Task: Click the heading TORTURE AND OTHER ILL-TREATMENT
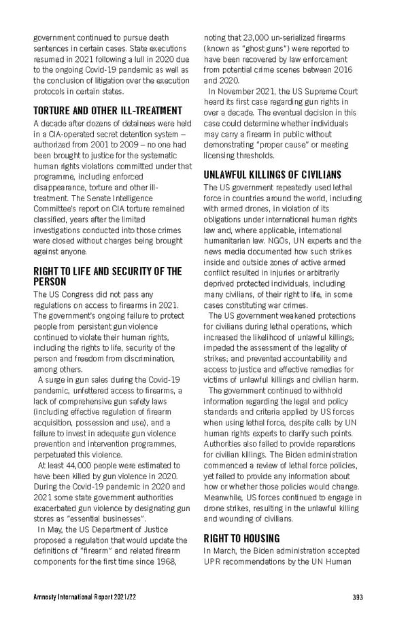pyautogui.click(x=107, y=110)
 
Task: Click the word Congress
pyautogui.click(x=75, y=294)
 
